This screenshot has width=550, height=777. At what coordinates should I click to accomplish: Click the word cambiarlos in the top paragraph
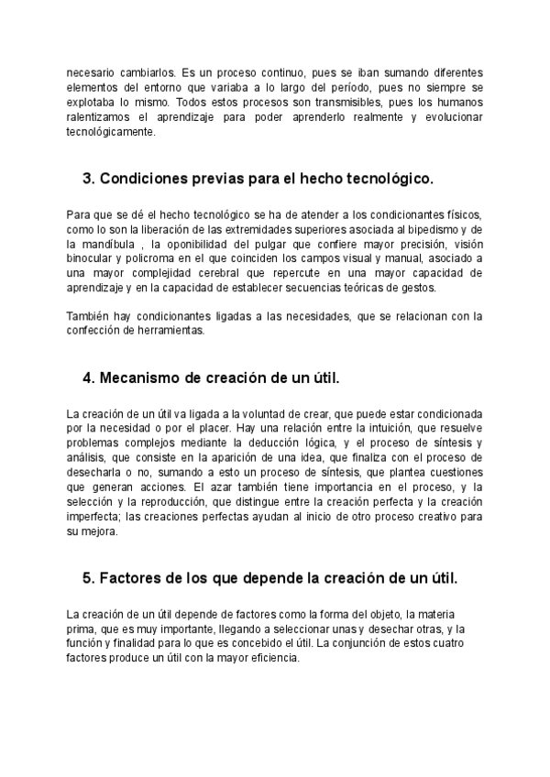pos(145,71)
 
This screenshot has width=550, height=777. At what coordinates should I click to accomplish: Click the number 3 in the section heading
pos(88,177)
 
